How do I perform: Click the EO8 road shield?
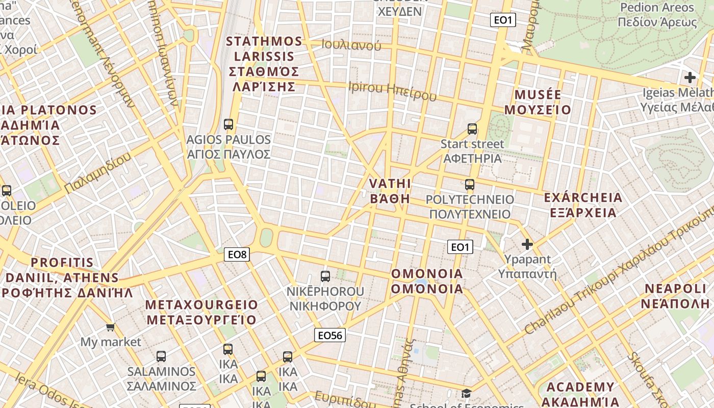pos(237,254)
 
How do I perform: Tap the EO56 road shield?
pos(329,335)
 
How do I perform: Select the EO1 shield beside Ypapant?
pos(460,247)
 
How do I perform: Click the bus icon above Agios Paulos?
pos(228,124)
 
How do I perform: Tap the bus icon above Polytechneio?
pos(470,184)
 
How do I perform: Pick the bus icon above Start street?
pos(472,129)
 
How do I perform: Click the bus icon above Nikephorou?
pos(325,276)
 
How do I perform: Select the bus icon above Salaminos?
pos(161,356)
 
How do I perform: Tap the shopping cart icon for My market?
pos(111,326)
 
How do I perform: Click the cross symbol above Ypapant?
pos(527,244)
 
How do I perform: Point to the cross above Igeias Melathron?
pos(690,78)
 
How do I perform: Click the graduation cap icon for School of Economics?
pos(466,393)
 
